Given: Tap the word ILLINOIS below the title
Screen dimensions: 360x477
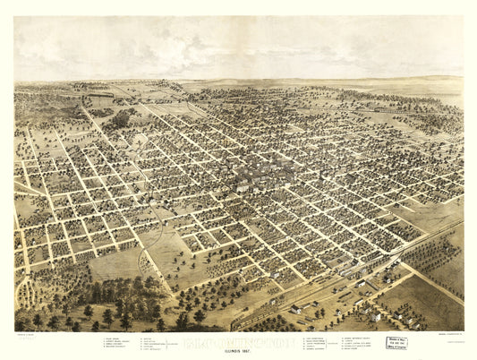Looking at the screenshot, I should (x=232, y=350).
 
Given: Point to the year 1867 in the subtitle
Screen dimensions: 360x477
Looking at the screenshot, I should (x=251, y=350).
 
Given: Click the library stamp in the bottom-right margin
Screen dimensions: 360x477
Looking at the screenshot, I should (x=396, y=341).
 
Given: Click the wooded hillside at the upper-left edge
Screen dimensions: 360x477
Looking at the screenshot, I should (x=36, y=103).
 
